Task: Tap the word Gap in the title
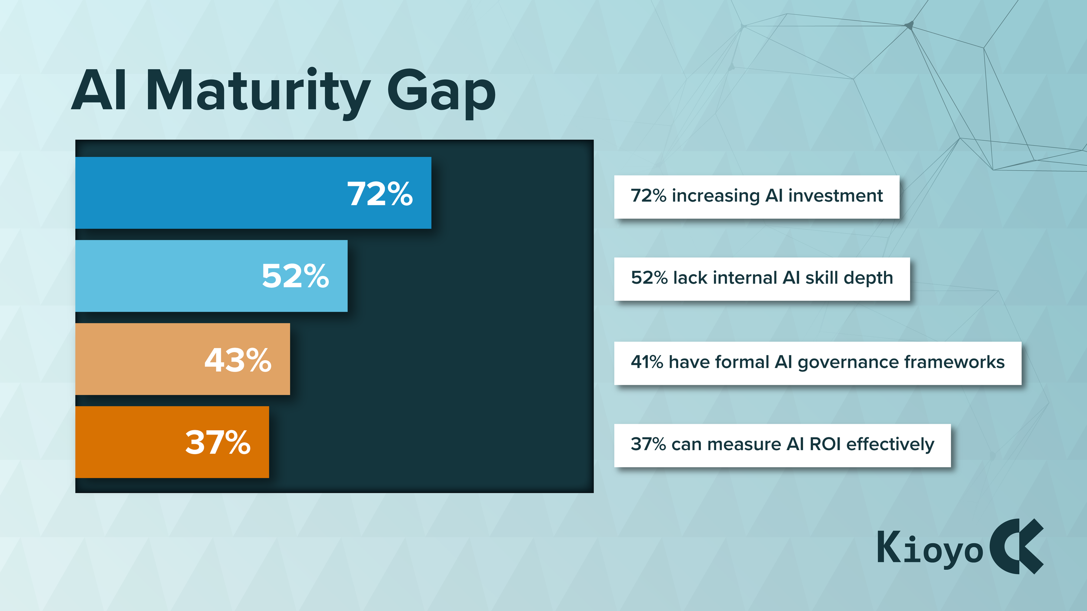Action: (441, 92)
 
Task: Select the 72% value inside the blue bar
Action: (380, 194)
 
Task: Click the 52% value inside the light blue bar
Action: (295, 276)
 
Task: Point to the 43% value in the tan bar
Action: (238, 360)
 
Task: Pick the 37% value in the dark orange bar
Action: (218, 443)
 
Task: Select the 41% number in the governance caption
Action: (647, 362)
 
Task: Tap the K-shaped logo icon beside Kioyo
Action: (1017, 546)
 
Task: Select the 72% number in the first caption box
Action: (648, 196)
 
